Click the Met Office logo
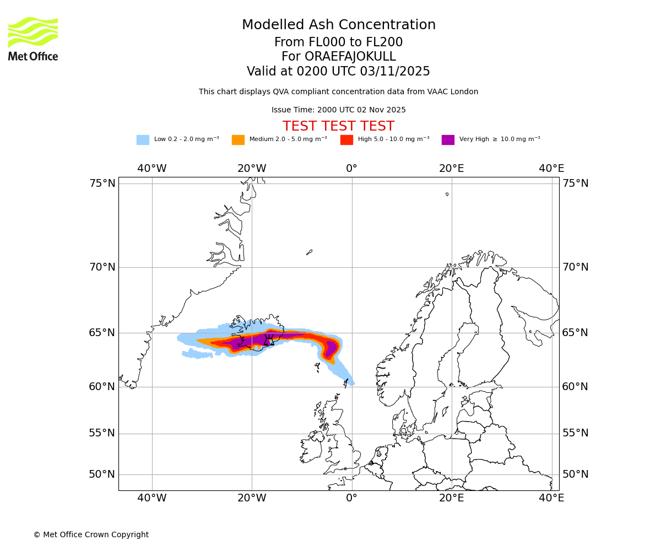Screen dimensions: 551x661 click(33, 39)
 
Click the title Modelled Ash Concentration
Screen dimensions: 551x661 click(338, 25)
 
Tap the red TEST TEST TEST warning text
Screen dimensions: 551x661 click(338, 126)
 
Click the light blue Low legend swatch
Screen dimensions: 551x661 click(143, 140)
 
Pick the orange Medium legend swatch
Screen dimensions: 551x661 click(238, 140)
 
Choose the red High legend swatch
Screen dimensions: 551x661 click(346, 140)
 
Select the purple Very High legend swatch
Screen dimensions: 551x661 click(448, 140)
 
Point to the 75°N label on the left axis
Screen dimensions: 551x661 click(102, 183)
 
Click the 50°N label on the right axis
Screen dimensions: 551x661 click(575, 474)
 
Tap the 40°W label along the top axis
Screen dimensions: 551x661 click(152, 169)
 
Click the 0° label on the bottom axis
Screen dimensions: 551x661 click(351, 498)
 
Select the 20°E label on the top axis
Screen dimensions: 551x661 click(452, 169)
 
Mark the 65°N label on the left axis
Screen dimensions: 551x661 click(102, 333)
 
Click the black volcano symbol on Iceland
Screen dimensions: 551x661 click(269, 341)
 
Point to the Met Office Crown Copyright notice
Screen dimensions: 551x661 click(91, 534)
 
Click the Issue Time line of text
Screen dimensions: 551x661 click(338, 110)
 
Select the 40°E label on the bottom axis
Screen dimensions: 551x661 click(551, 498)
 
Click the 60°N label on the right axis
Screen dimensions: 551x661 click(575, 387)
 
